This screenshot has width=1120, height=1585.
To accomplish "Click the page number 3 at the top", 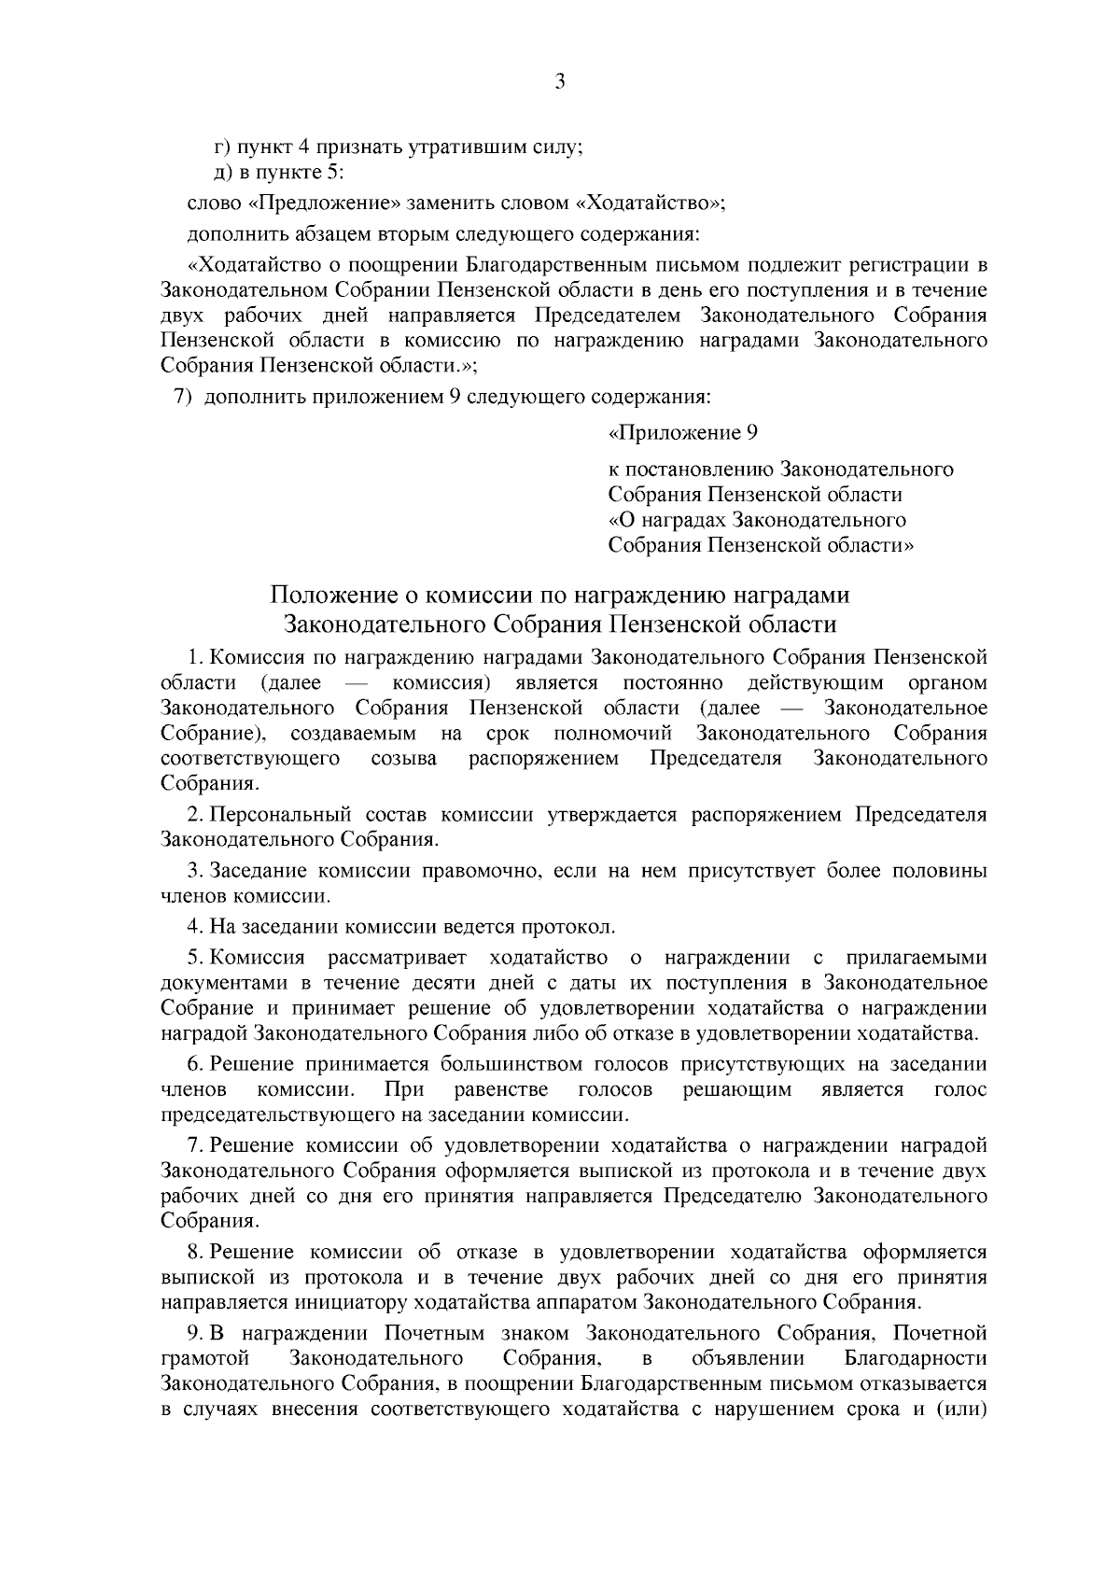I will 560,82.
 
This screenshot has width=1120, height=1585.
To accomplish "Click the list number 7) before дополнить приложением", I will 183,396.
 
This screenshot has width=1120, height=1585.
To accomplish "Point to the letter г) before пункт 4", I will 222,147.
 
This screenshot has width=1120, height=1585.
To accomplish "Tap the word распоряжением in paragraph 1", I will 543,758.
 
